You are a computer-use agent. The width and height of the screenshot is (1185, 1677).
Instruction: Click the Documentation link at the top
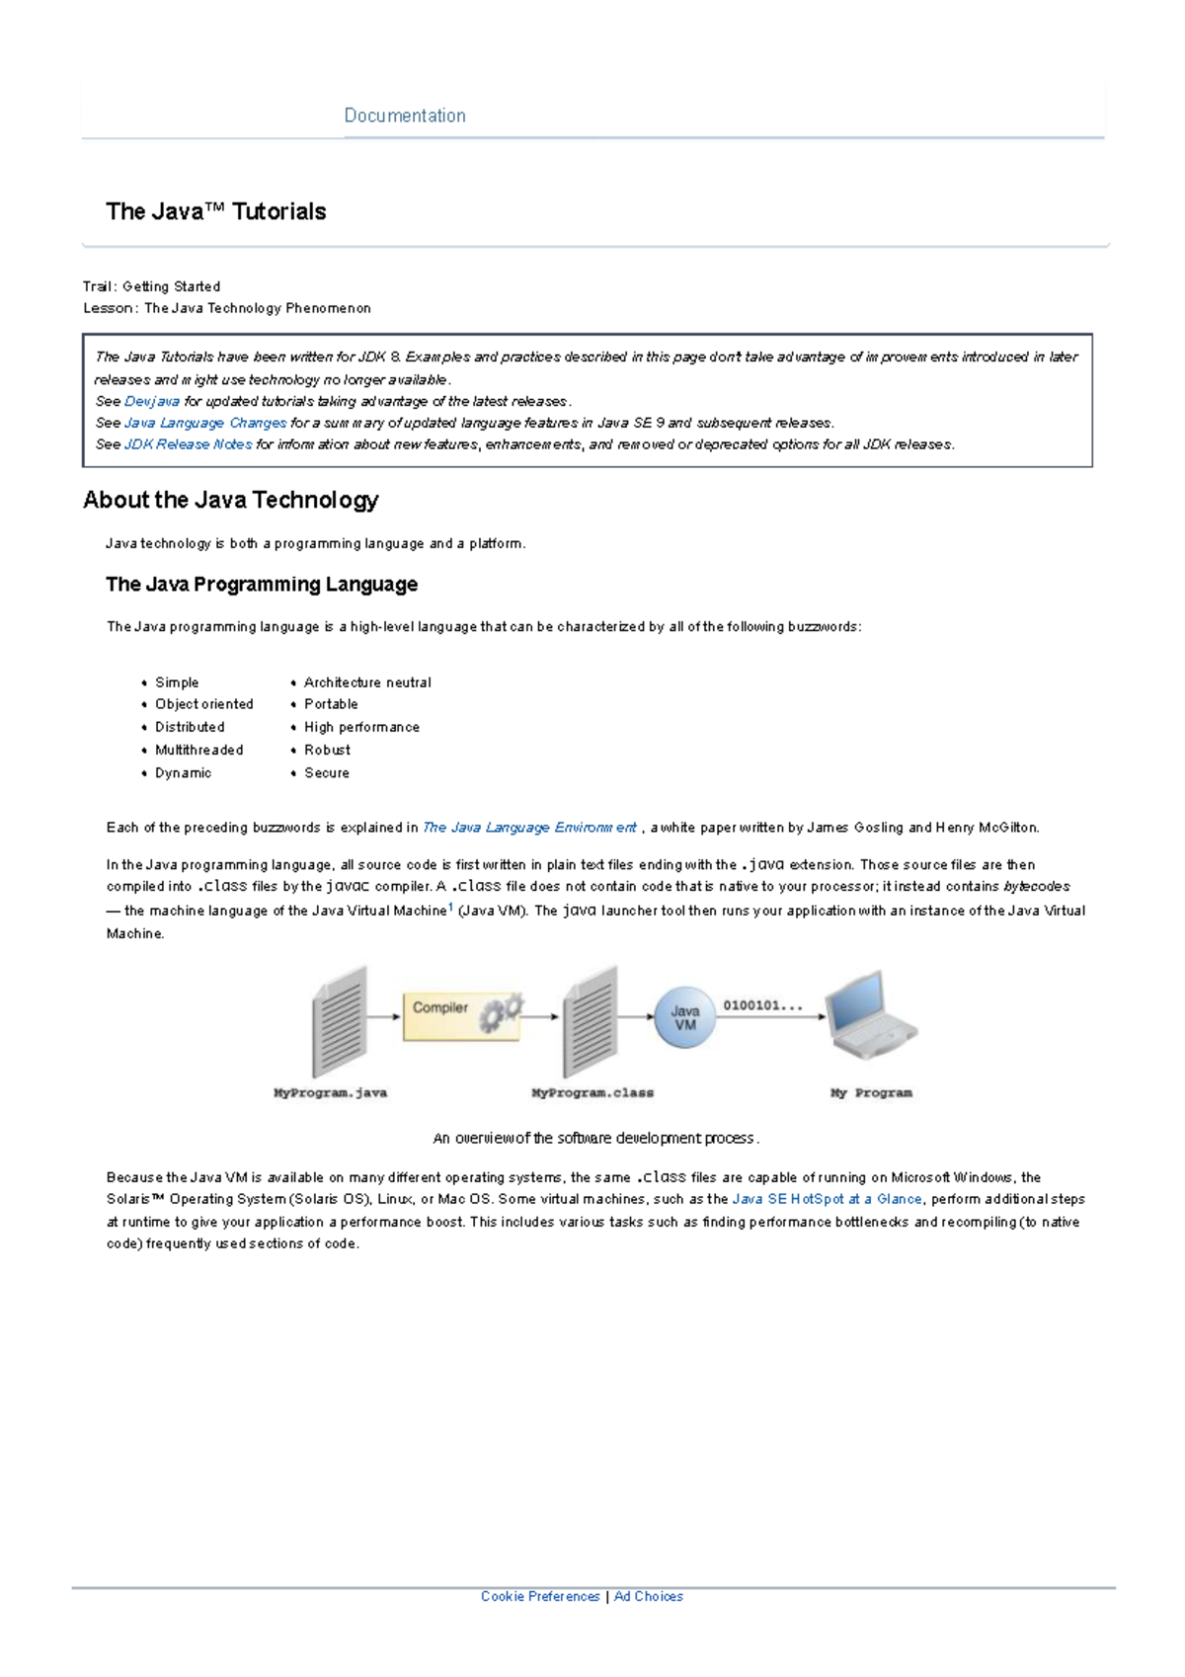405,116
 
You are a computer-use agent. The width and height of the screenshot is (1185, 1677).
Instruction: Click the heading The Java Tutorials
215,211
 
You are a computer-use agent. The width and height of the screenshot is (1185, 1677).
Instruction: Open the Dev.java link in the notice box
152,401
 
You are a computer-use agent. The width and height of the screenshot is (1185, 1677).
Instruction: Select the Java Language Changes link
205,423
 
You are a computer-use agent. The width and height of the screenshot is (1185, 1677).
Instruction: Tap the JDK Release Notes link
188,444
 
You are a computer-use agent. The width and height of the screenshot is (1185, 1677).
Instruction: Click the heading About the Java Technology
230,500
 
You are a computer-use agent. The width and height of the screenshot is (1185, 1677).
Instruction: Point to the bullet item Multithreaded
198,750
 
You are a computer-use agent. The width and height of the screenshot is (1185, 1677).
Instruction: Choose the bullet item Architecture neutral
367,682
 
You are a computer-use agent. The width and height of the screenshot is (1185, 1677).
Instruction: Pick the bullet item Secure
327,773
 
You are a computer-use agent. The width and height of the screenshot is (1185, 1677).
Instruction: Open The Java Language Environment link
529,828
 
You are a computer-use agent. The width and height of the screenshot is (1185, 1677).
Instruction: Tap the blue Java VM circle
684,1017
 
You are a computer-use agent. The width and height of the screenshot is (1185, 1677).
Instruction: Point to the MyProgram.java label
330,1093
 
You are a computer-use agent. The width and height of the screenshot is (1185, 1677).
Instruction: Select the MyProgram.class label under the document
592,1093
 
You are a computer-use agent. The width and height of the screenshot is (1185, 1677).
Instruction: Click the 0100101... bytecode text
762,1005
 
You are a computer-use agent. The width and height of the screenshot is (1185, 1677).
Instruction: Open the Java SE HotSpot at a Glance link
827,1199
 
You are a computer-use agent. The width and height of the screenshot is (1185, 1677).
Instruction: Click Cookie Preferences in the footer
540,1596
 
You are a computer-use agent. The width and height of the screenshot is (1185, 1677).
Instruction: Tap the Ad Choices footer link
648,1596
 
